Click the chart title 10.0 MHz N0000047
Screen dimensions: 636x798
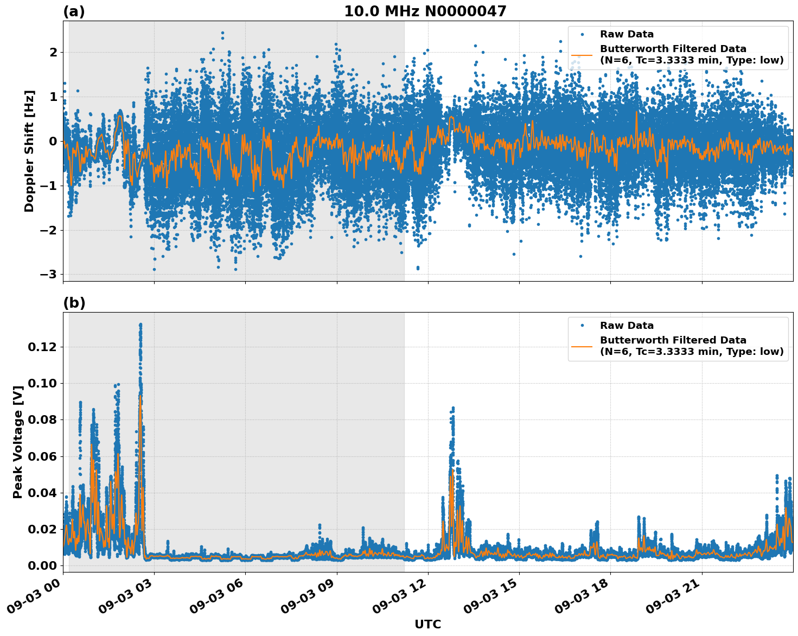pos(425,11)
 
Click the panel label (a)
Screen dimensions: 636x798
pos(74,11)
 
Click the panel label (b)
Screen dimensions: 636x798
pos(74,303)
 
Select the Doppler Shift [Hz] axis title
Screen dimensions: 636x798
pos(29,151)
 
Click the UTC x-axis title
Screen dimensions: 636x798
pos(427,624)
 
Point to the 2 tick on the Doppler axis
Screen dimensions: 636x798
pos(53,53)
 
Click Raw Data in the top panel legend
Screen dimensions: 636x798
pos(627,34)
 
